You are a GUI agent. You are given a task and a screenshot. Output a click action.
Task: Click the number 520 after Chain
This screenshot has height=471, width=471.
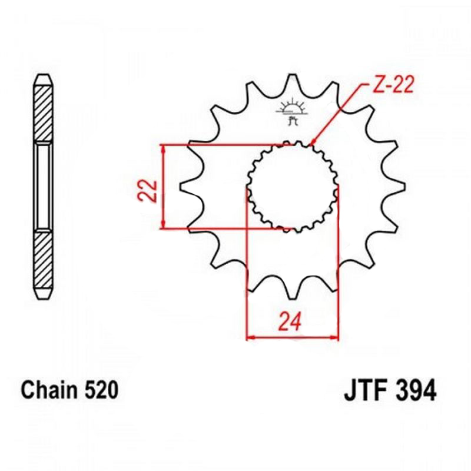[101, 390]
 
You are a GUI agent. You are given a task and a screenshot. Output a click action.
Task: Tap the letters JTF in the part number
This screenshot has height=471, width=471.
[365, 390]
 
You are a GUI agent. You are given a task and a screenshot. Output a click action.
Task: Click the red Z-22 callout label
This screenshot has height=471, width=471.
[392, 84]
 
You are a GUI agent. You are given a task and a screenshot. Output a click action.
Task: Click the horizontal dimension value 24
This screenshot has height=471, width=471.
[290, 321]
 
